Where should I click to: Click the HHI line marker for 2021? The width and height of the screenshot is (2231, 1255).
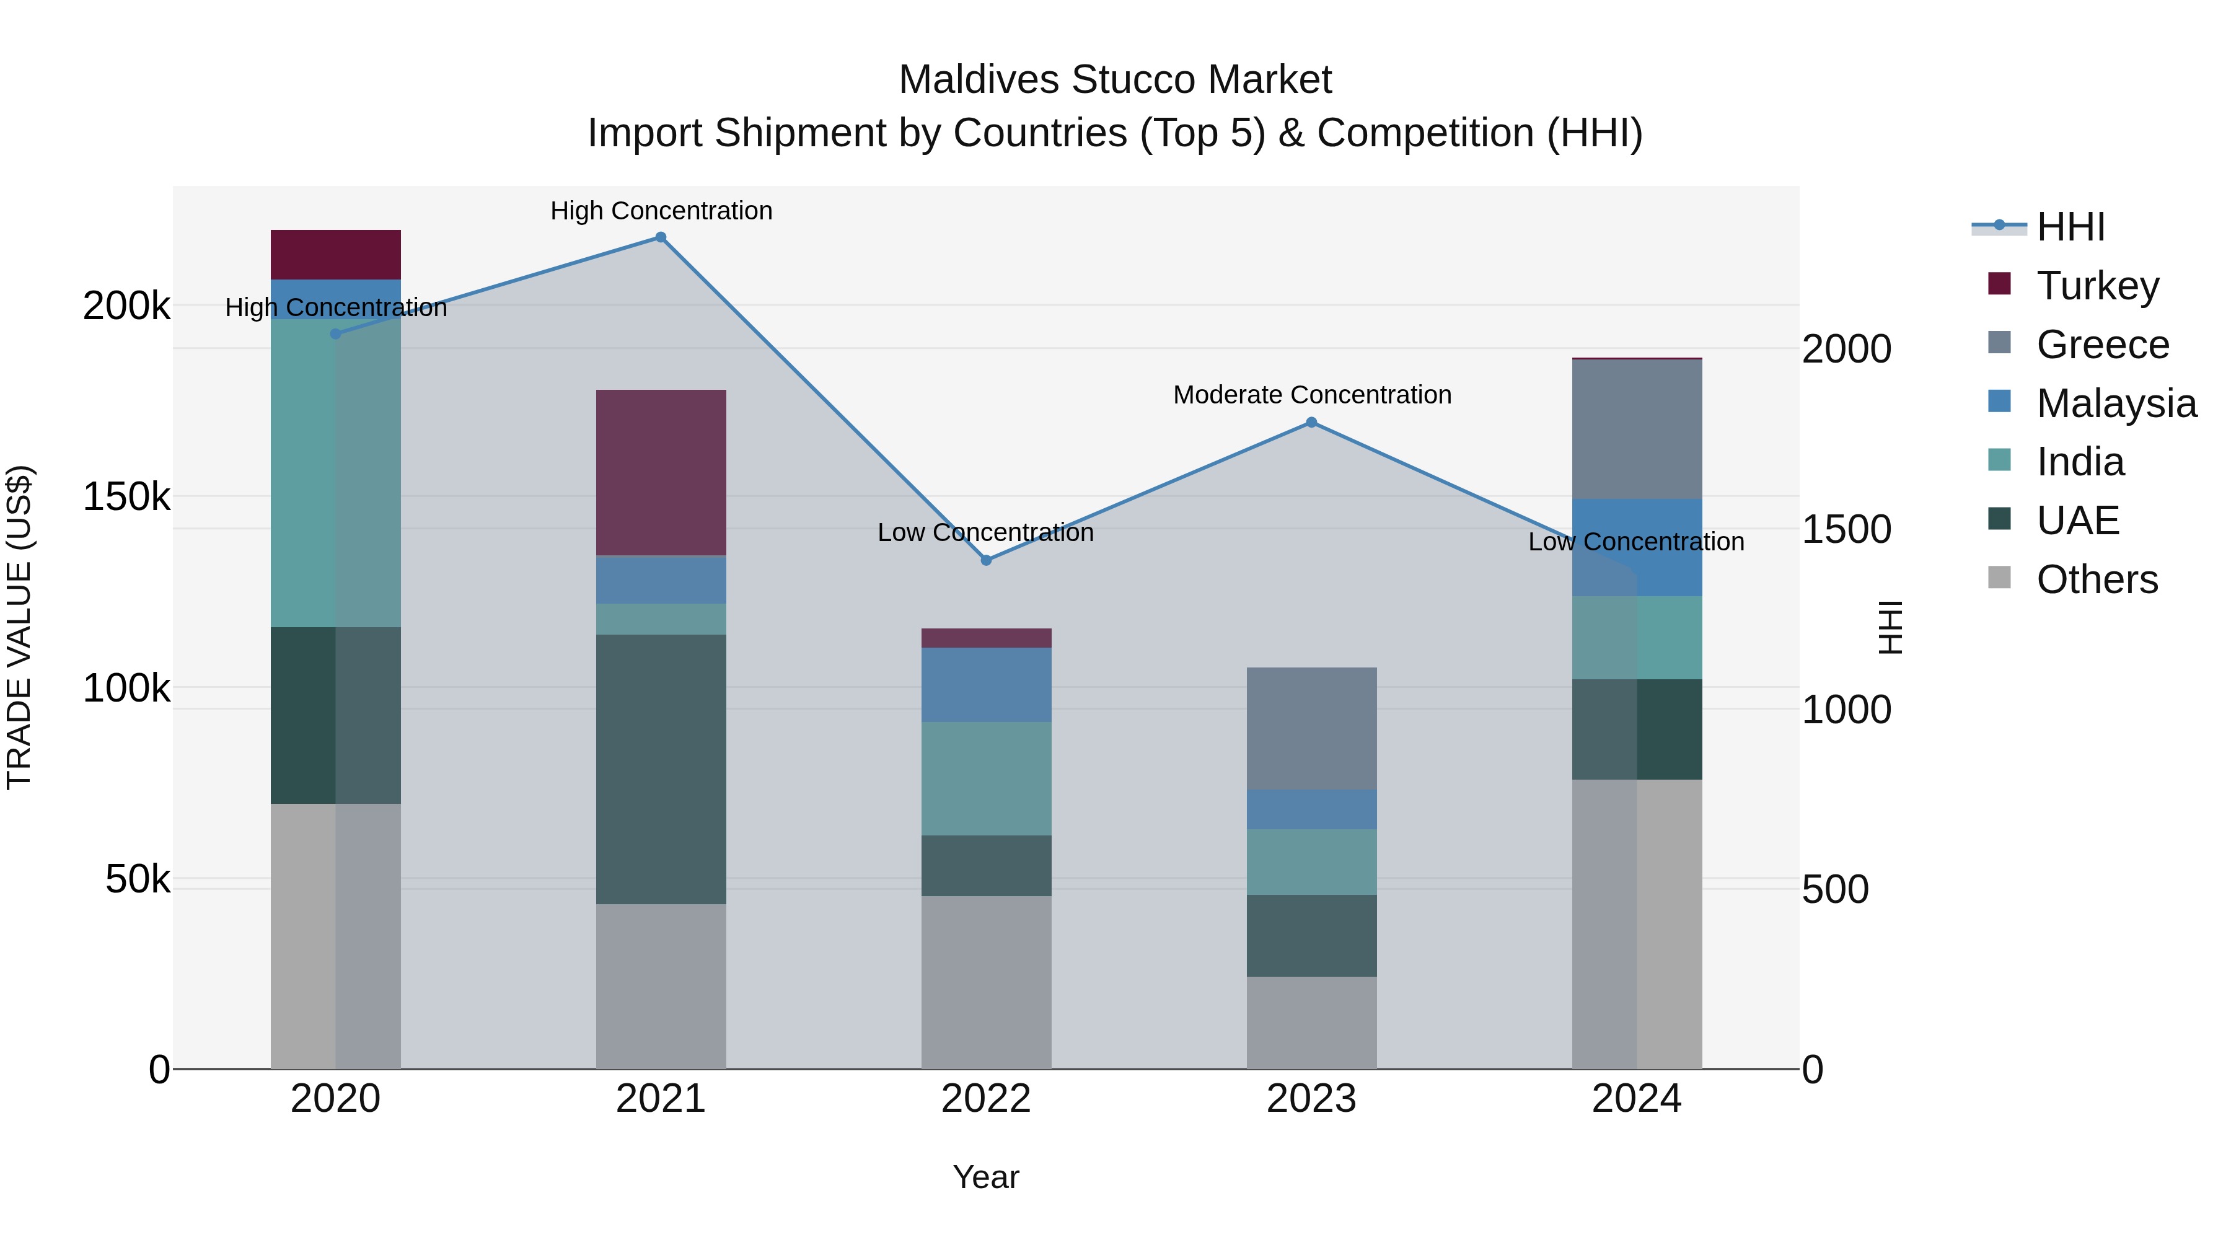[x=661, y=237]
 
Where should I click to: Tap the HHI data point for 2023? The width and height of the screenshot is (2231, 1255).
[x=1311, y=423]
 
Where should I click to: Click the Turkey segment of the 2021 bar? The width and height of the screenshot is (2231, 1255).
[x=661, y=473]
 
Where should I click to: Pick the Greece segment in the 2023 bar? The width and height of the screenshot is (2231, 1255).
[x=1311, y=728]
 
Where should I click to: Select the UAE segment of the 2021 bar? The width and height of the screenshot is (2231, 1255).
[x=661, y=769]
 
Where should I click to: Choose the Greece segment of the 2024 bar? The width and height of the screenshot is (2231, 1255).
[x=1637, y=429]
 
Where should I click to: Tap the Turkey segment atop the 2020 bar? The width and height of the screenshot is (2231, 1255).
[x=336, y=255]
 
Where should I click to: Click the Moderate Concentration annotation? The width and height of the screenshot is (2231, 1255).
[x=1311, y=395]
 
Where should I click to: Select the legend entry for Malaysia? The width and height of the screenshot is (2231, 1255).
[x=2115, y=403]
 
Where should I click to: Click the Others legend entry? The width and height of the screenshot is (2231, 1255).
[x=2096, y=579]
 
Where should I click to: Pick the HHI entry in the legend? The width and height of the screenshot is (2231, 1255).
[x=2070, y=227]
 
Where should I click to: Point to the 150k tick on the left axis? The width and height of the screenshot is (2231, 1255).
[x=126, y=497]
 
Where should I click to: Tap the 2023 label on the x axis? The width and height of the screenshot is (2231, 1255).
[x=1311, y=1099]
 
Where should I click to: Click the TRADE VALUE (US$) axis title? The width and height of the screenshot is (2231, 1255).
[x=19, y=627]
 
